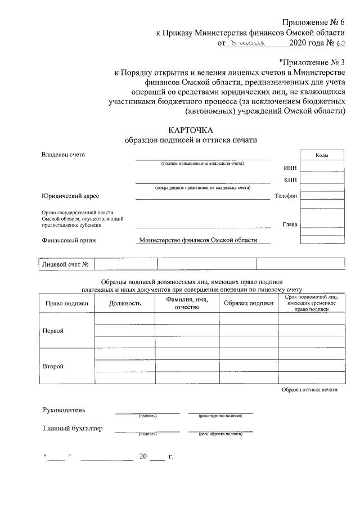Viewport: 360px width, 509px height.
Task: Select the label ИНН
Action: point(290,168)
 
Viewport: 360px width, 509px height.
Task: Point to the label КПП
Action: point(290,180)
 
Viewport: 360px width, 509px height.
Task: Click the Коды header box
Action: point(322,155)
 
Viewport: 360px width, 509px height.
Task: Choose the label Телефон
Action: point(285,196)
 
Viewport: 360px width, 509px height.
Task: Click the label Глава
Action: point(290,224)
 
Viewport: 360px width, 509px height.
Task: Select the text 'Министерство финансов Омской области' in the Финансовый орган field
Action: point(198,240)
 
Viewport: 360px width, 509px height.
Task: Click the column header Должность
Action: point(125,303)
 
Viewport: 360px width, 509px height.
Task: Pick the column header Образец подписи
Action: point(248,303)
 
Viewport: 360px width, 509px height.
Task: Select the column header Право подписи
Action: point(67,303)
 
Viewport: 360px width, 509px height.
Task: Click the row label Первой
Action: point(53,331)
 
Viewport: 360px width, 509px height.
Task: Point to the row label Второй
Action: point(53,366)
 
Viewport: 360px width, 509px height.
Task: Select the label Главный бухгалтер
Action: point(73,429)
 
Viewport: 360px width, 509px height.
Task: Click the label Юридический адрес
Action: point(70,196)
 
